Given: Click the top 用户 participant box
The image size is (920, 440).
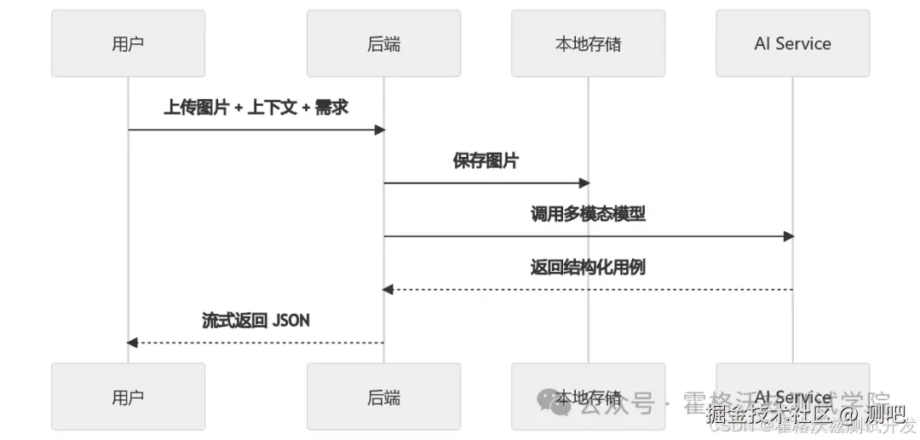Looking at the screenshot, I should pos(128,43).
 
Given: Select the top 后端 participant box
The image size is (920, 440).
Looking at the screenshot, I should pos(383,43).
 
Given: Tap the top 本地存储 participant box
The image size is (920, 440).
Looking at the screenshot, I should pos(588,43).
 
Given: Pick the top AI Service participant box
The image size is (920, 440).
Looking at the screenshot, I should pos(792,43).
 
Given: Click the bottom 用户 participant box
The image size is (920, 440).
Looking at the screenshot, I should pos(128,397).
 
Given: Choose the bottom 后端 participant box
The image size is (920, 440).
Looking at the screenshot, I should pos(383,397).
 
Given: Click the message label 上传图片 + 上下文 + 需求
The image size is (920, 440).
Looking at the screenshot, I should pos(256,107).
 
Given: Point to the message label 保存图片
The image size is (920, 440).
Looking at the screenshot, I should pos(486,160).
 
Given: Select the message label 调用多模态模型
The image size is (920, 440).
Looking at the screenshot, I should pos(588,213).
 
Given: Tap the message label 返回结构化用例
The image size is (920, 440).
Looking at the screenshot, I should pos(588,267).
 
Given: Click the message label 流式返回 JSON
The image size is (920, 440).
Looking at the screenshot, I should pos(256,320).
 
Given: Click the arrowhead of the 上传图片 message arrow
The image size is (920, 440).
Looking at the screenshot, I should pos(380,130).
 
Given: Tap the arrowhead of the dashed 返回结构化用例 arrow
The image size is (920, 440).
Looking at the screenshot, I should pos(388,290).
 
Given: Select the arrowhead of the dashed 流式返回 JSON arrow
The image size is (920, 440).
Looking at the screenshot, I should pos(132,343).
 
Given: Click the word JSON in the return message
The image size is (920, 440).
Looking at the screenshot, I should pos(290,320).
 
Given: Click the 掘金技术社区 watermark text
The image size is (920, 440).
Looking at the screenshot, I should pos(768,414).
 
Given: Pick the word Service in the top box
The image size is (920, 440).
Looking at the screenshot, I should pos(803,43).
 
